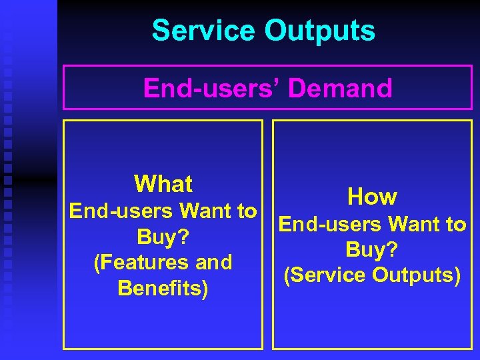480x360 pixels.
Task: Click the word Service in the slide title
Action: point(204,31)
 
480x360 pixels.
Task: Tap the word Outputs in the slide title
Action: point(320,31)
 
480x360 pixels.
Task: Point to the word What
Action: point(163,184)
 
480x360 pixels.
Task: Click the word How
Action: point(372,197)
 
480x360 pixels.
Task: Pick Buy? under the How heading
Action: point(372,249)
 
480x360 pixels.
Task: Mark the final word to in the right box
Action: point(456,225)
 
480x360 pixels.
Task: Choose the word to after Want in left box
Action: point(247,212)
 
